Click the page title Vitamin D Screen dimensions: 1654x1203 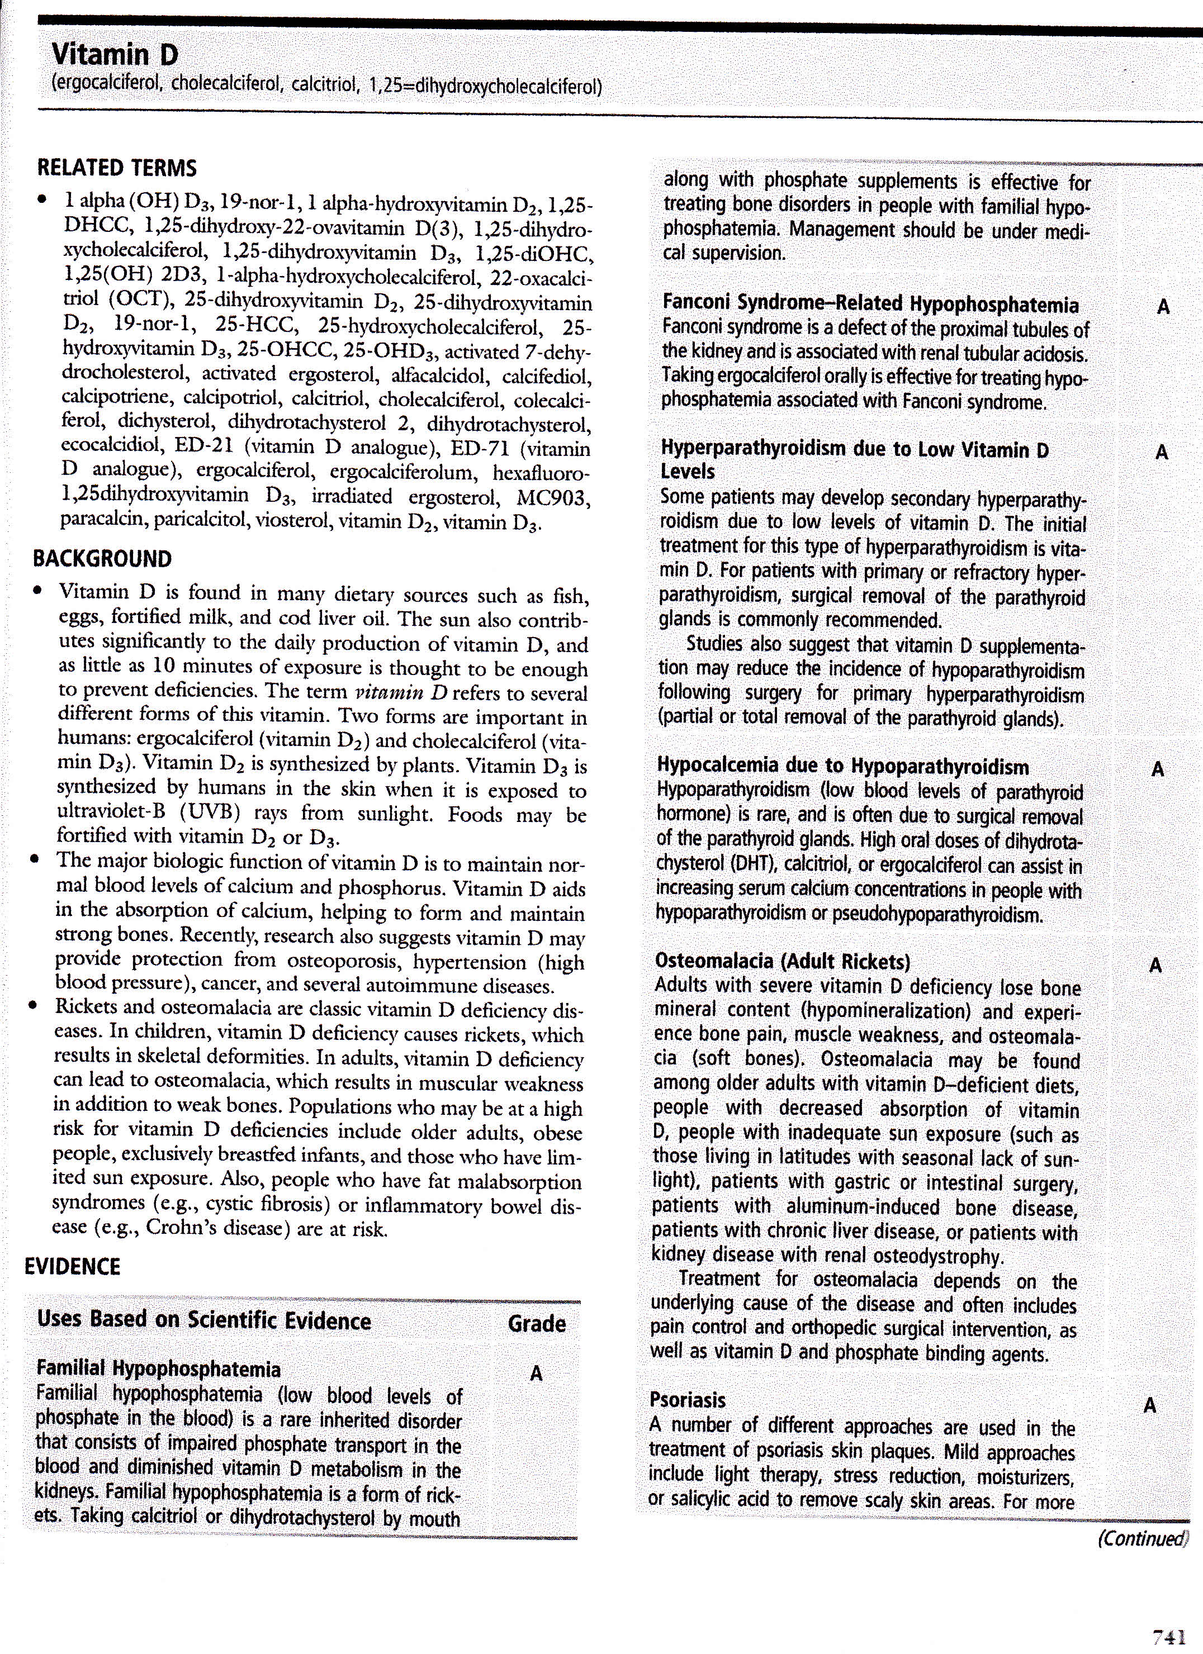pyautogui.click(x=115, y=55)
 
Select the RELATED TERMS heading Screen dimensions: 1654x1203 pyautogui.click(x=117, y=168)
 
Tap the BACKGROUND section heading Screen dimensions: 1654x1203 pyautogui.click(x=102, y=559)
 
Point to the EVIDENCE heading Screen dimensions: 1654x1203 pyautogui.click(x=72, y=1266)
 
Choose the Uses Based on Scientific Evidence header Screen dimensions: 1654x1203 pyautogui.click(x=203, y=1321)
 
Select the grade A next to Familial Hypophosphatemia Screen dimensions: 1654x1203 pyautogui.click(x=536, y=1374)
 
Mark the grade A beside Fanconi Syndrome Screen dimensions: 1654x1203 pyautogui.click(x=1163, y=307)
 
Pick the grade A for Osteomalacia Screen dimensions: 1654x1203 pyautogui.click(x=1155, y=966)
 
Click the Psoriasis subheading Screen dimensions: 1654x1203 pyautogui.click(x=687, y=1400)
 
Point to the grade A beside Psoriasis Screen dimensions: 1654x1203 pyautogui.click(x=1150, y=1405)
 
